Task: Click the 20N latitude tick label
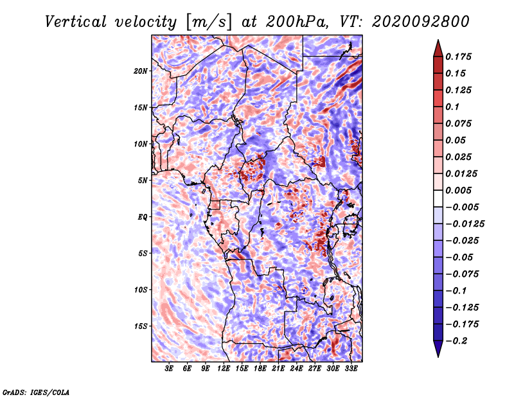point(140,71)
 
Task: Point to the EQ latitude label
point(142,217)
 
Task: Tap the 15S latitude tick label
point(141,326)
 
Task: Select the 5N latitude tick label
point(143,181)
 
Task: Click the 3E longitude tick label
point(169,369)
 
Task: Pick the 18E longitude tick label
point(260,369)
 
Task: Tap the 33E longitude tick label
point(351,369)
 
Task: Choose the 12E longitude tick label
point(224,369)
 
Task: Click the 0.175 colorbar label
point(458,57)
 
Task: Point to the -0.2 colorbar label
point(456,341)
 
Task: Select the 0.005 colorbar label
point(458,190)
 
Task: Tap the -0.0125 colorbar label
point(465,224)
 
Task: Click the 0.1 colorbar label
point(452,107)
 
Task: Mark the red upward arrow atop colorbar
point(438,48)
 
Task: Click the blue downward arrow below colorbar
point(438,349)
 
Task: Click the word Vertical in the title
point(76,22)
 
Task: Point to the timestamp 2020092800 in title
point(421,22)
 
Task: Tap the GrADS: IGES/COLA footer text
point(36,393)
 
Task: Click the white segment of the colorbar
point(438,198)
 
